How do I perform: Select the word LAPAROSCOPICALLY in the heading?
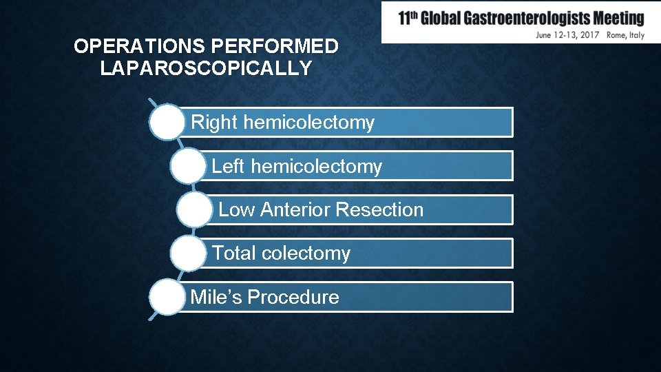206,69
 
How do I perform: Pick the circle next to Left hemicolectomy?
187,166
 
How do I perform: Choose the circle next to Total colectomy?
187,253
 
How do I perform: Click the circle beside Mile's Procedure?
166,297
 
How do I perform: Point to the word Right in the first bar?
214,123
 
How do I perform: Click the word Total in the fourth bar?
234,254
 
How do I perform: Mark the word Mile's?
216,298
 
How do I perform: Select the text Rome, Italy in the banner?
626,34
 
